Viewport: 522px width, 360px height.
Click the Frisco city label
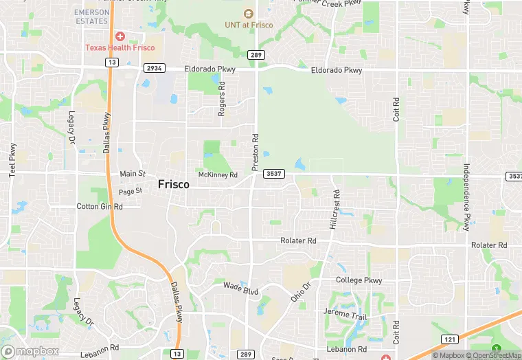click(173, 184)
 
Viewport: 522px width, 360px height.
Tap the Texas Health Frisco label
click(120, 47)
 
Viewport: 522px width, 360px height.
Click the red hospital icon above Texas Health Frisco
click(120, 36)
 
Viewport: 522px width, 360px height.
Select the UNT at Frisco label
click(249, 25)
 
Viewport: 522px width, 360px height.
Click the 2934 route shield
click(155, 69)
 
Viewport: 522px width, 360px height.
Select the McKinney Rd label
click(217, 175)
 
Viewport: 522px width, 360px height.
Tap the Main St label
click(133, 174)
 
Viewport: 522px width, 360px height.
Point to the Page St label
click(130, 192)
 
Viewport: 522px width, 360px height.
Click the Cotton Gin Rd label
click(100, 206)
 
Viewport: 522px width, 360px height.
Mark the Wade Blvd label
click(241, 288)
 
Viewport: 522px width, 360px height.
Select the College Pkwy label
click(359, 280)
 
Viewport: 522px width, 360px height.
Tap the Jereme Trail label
click(345, 315)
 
